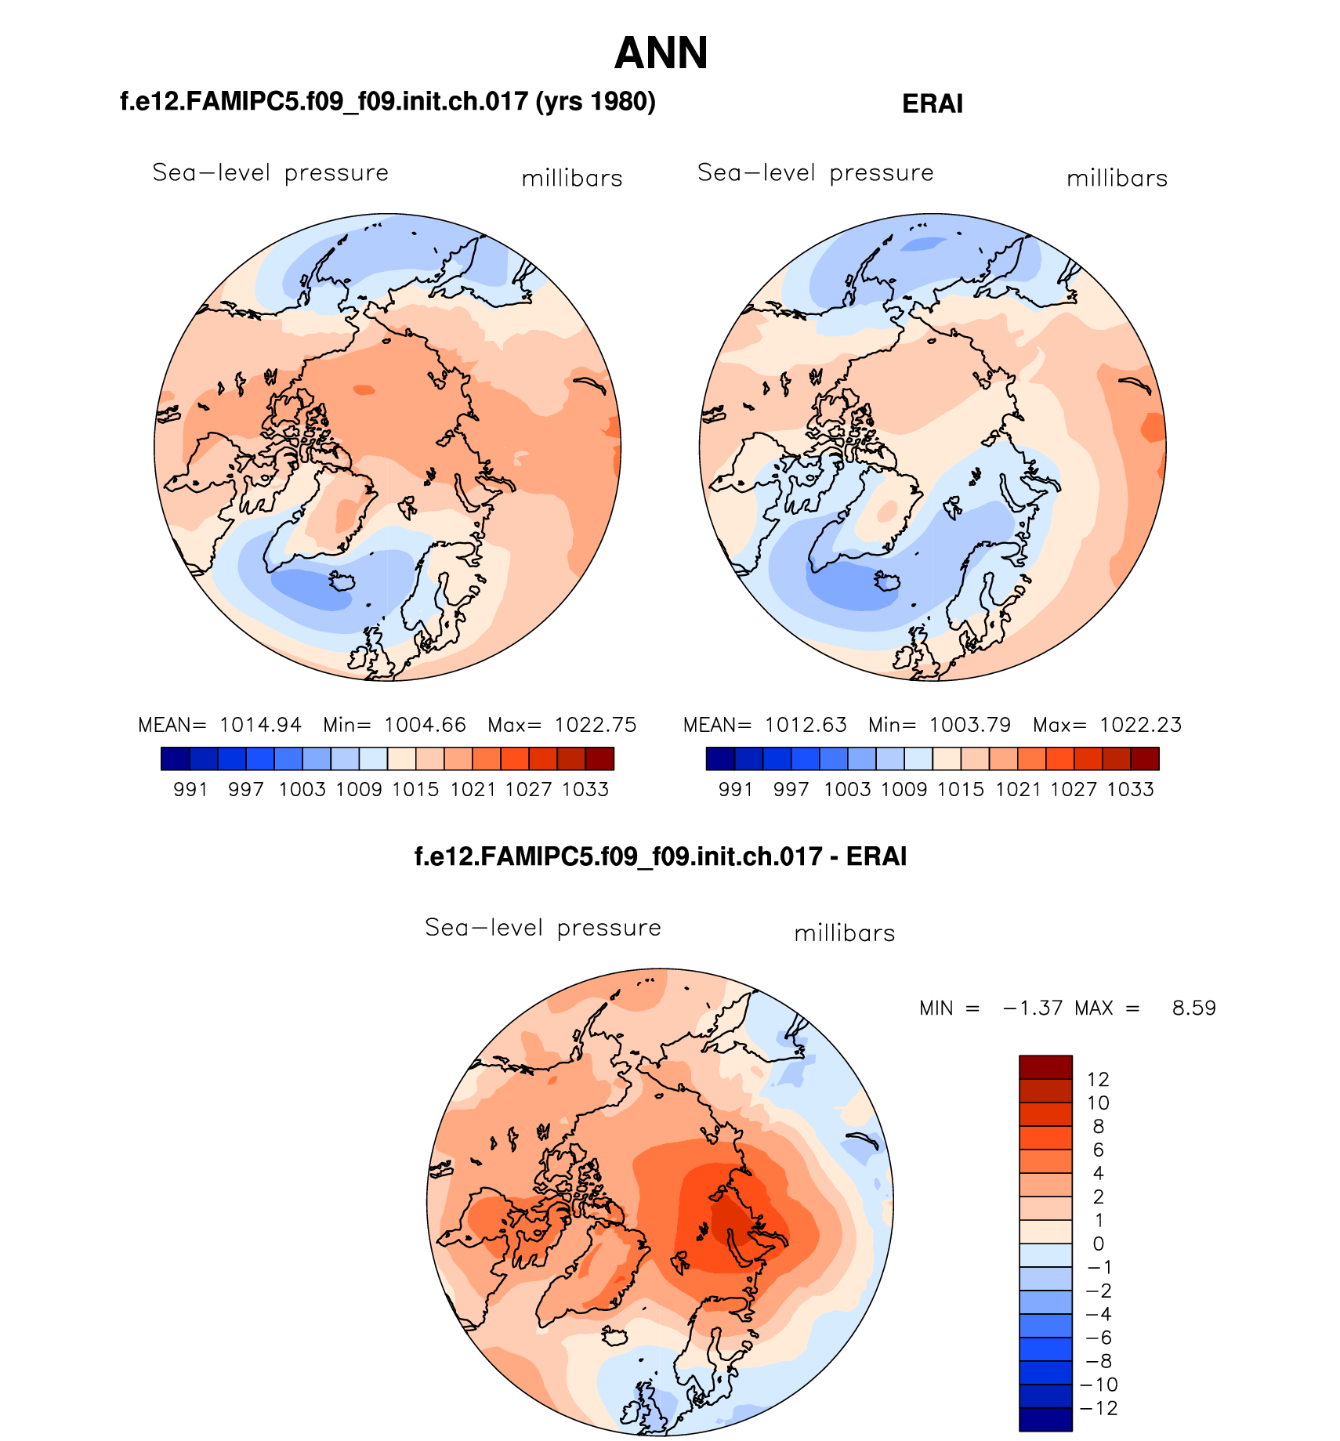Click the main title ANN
point(661,53)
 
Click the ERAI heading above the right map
point(932,103)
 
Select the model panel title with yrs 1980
point(387,102)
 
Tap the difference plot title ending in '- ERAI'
point(660,856)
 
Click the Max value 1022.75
point(596,725)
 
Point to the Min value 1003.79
point(970,725)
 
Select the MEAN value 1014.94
point(260,725)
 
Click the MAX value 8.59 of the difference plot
point(1193,1008)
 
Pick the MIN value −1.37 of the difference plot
point(1033,1008)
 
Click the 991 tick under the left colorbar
point(190,790)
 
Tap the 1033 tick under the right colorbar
point(1130,790)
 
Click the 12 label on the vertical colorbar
point(1098,1079)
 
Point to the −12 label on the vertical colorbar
point(1099,1408)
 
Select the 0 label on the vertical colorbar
point(1098,1244)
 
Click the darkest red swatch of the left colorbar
point(599,759)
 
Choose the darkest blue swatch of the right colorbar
point(720,759)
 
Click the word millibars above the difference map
point(844,933)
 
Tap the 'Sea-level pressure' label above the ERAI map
point(815,172)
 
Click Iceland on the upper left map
point(343,581)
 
